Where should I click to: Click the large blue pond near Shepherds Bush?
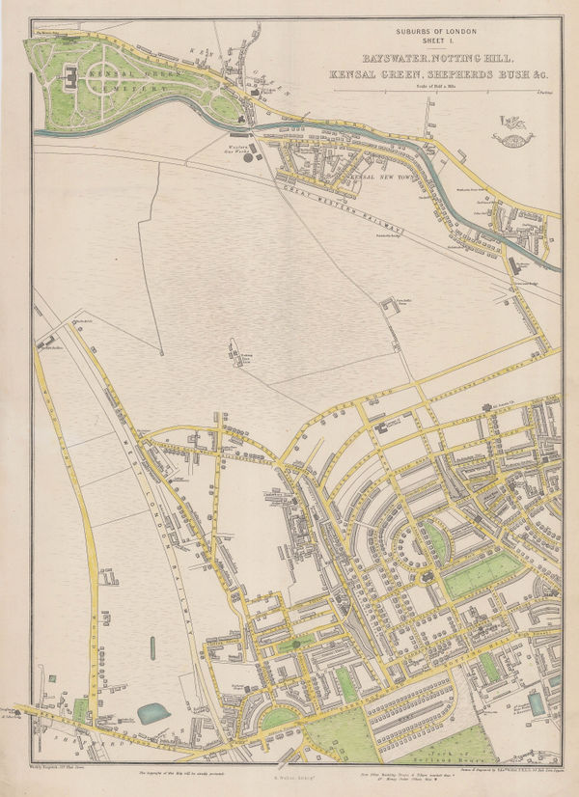(x=152, y=712)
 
